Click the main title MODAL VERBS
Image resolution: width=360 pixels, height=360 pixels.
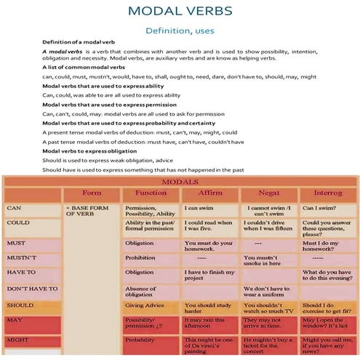tap(180, 12)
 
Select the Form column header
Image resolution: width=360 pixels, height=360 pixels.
tap(92, 193)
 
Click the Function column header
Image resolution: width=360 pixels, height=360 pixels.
tap(151, 193)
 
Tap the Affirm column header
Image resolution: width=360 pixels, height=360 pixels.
tap(210, 193)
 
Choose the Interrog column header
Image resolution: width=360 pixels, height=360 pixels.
tap(327, 193)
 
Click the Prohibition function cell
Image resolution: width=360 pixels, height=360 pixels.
tap(143, 257)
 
